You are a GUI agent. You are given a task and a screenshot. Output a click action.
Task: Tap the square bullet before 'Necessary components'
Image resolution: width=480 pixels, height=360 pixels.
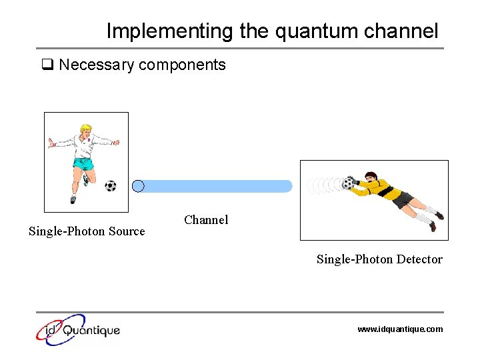coord(47,65)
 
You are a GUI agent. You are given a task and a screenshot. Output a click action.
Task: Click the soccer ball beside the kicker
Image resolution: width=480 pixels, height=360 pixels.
coord(110,186)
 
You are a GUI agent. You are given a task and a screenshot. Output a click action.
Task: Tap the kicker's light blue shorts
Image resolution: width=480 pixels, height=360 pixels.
coord(83,165)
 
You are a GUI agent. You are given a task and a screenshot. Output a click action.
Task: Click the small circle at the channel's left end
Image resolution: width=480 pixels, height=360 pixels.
coord(138,186)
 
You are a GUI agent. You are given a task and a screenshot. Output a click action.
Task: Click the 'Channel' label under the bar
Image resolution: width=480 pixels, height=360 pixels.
coord(206,220)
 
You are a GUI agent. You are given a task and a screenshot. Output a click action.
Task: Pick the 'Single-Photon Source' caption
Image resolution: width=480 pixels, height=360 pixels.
coord(87,231)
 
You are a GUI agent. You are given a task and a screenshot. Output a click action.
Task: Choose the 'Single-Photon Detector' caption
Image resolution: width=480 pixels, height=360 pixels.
coord(379,259)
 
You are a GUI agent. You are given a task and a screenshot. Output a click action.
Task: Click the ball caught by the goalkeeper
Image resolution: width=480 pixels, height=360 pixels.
coord(347,183)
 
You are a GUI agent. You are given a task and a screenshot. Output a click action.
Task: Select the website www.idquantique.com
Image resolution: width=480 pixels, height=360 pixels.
coord(400,329)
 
